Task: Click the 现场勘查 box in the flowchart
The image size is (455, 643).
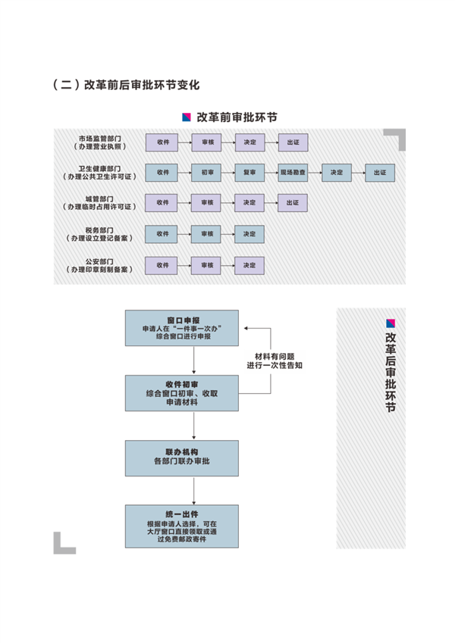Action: click(x=293, y=173)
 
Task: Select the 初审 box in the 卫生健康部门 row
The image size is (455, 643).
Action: click(x=206, y=173)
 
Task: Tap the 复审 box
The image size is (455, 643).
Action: click(x=249, y=173)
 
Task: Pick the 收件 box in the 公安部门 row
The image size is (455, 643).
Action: click(x=162, y=266)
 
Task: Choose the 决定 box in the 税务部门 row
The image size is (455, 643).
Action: click(x=249, y=235)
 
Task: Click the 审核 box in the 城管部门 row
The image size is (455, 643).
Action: click(x=206, y=203)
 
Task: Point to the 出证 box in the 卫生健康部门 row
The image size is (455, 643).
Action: click(x=380, y=173)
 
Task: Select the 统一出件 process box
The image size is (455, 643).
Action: click(x=182, y=525)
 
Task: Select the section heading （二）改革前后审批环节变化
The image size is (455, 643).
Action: click(x=130, y=84)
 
